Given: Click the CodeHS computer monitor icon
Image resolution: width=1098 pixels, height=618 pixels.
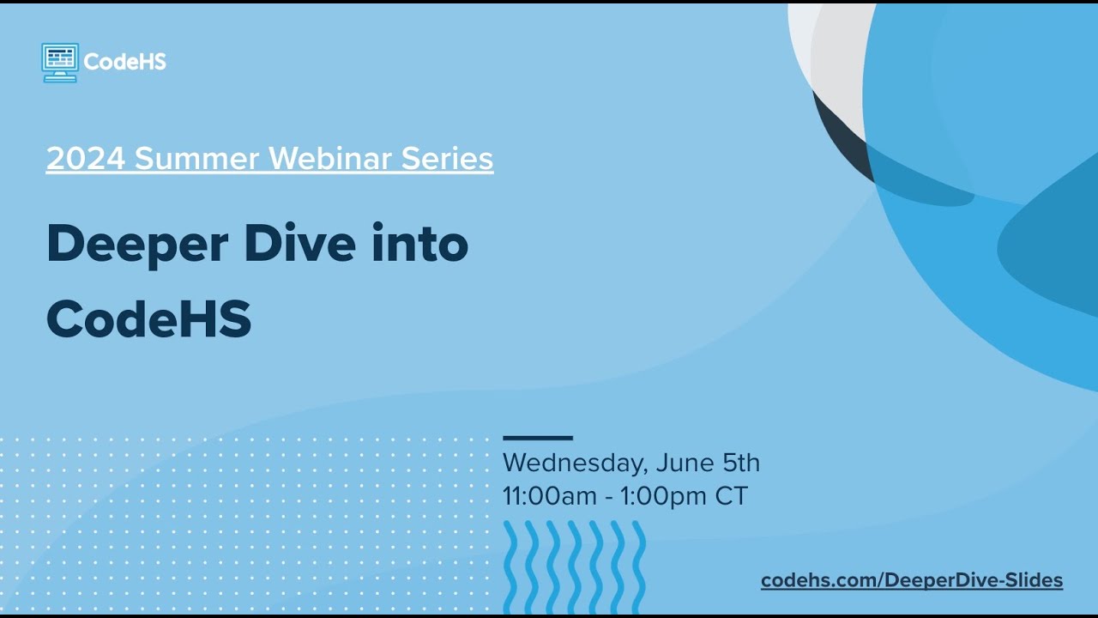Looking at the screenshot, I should click(x=60, y=62).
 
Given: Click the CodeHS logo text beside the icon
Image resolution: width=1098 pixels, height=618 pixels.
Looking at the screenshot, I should click(x=125, y=62).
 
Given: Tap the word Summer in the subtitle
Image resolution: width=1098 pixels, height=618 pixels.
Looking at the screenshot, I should click(x=196, y=159).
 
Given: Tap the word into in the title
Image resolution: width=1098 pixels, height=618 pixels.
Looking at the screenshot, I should click(x=419, y=244).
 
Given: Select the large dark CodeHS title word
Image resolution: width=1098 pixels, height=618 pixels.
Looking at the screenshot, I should click(x=148, y=319).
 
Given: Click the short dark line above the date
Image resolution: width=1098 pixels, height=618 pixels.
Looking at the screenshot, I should click(x=537, y=438).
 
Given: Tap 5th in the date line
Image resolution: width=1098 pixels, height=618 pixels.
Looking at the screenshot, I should click(x=741, y=463).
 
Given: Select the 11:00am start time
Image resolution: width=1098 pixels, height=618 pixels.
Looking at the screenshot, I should click(x=550, y=496).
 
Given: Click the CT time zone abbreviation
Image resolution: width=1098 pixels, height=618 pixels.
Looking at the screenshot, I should click(x=732, y=496).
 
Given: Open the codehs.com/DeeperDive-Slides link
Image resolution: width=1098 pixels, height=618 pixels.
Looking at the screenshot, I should click(x=912, y=581).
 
